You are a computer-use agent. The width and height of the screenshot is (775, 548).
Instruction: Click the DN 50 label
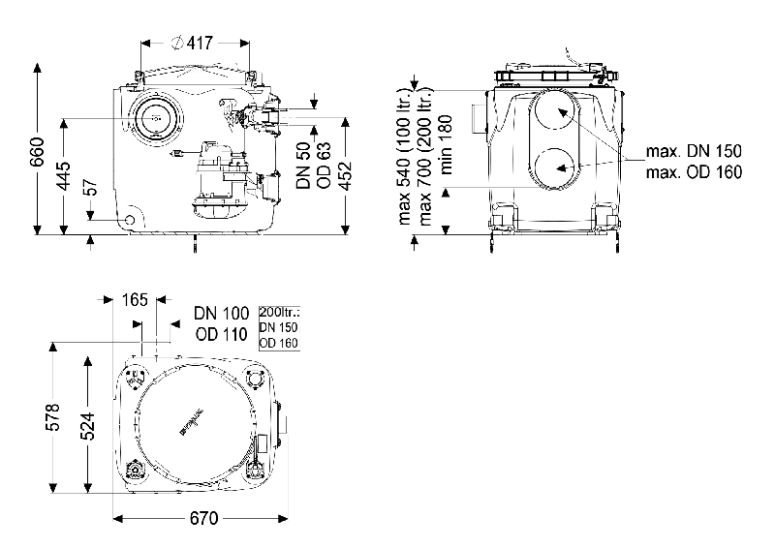pyautogui.click(x=302, y=163)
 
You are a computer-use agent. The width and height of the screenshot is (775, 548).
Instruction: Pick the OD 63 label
pyautogui.click(x=325, y=163)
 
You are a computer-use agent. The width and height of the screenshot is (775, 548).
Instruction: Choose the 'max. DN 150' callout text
pyautogui.click(x=694, y=152)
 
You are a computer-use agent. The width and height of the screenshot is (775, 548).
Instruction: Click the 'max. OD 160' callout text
pyautogui.click(x=694, y=172)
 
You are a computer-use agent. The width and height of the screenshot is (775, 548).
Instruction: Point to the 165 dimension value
pyautogui.click(x=136, y=300)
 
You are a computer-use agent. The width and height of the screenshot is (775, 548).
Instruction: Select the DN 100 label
pyautogui.click(x=221, y=313)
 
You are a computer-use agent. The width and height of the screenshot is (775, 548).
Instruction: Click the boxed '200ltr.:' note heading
pyautogui.click(x=280, y=312)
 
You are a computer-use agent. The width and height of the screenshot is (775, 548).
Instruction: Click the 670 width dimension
pyautogui.click(x=202, y=518)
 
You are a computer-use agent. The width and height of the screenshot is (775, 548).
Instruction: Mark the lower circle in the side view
pyautogui.click(x=554, y=170)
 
